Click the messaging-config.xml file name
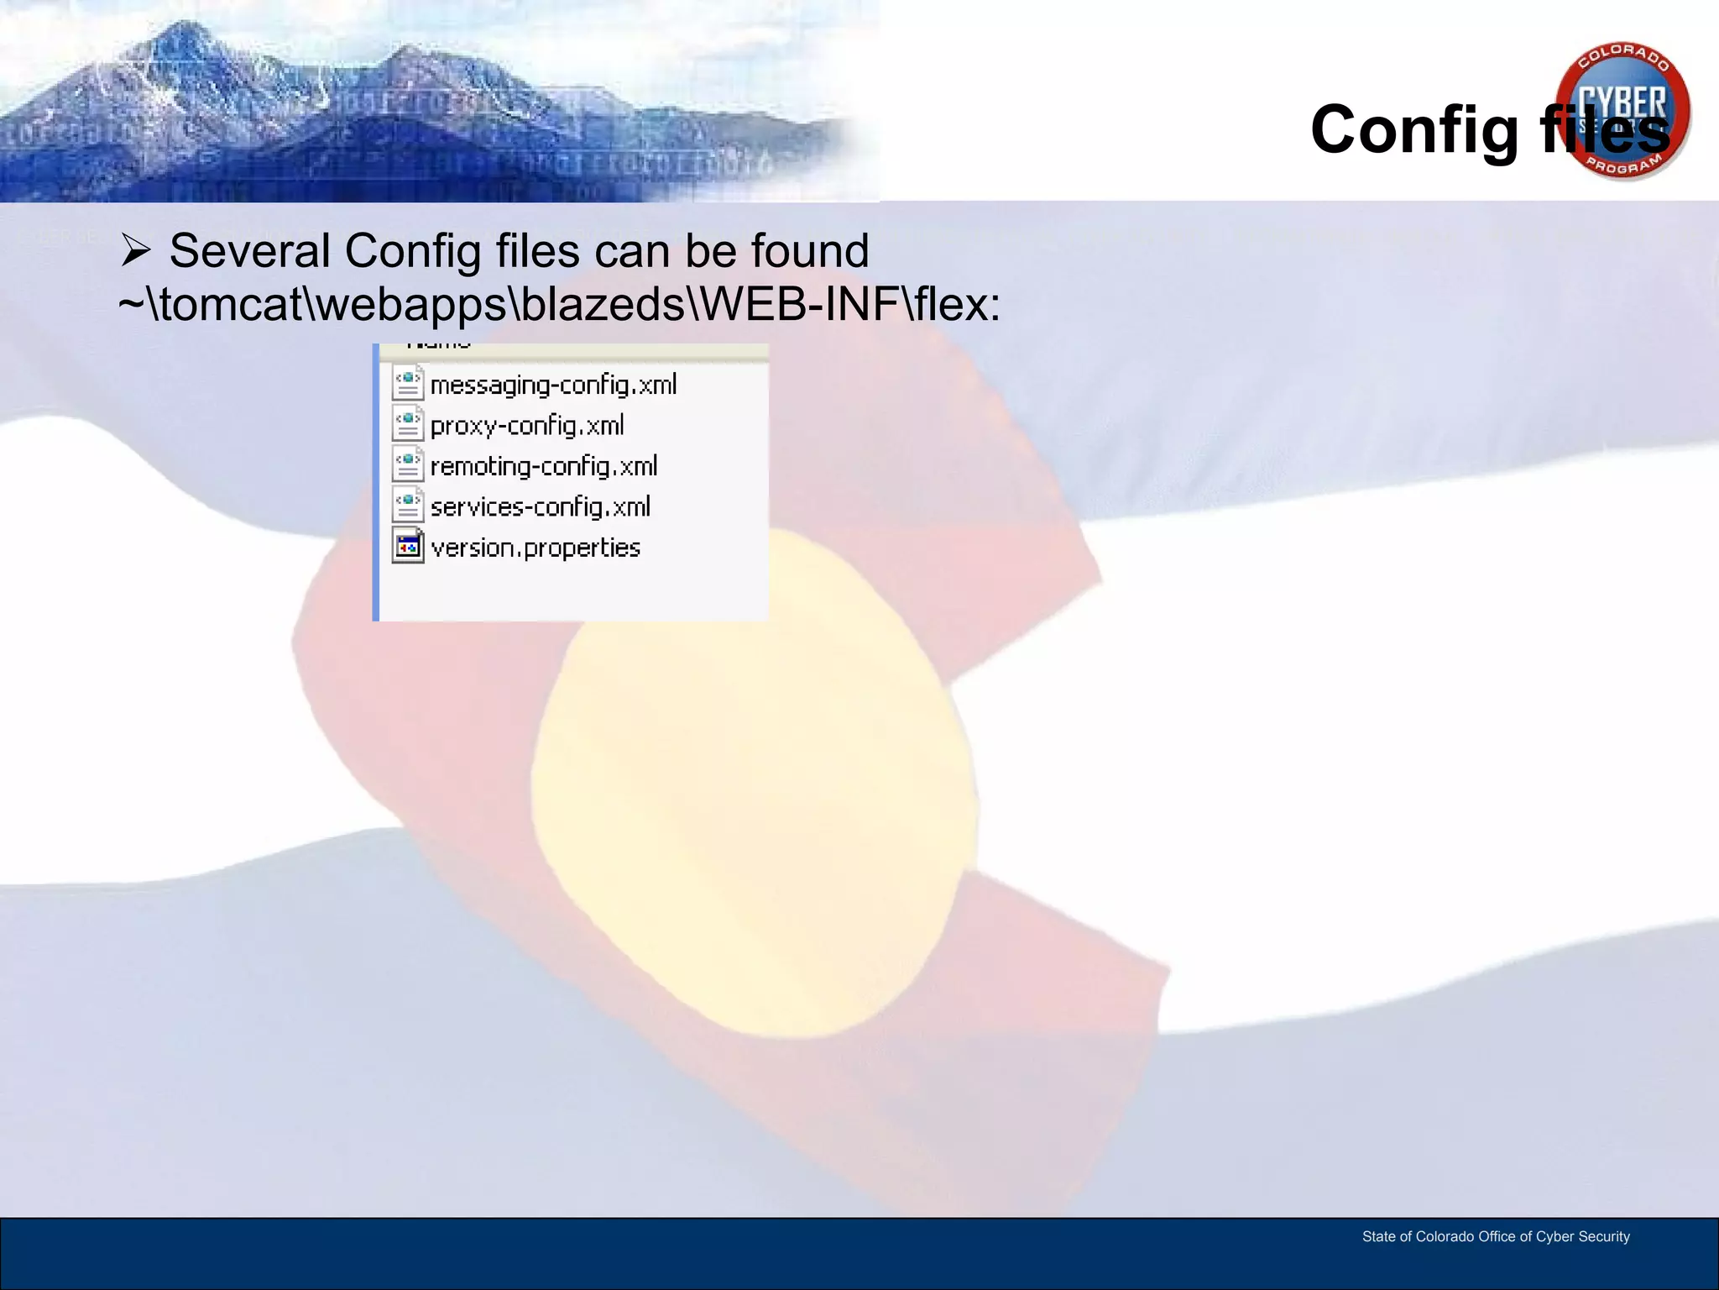click(x=553, y=385)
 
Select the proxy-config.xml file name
click(x=527, y=426)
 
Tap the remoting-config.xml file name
click(x=544, y=466)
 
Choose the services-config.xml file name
click(x=541, y=507)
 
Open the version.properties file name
click(x=536, y=548)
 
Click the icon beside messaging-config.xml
click(x=408, y=384)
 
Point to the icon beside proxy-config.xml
click(x=408, y=425)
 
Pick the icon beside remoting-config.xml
click(x=408, y=465)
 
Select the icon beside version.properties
click(x=408, y=548)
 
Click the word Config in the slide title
click(x=1414, y=130)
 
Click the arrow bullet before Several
click(x=135, y=250)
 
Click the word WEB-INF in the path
click(x=800, y=304)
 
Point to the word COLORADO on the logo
click(x=1622, y=55)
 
